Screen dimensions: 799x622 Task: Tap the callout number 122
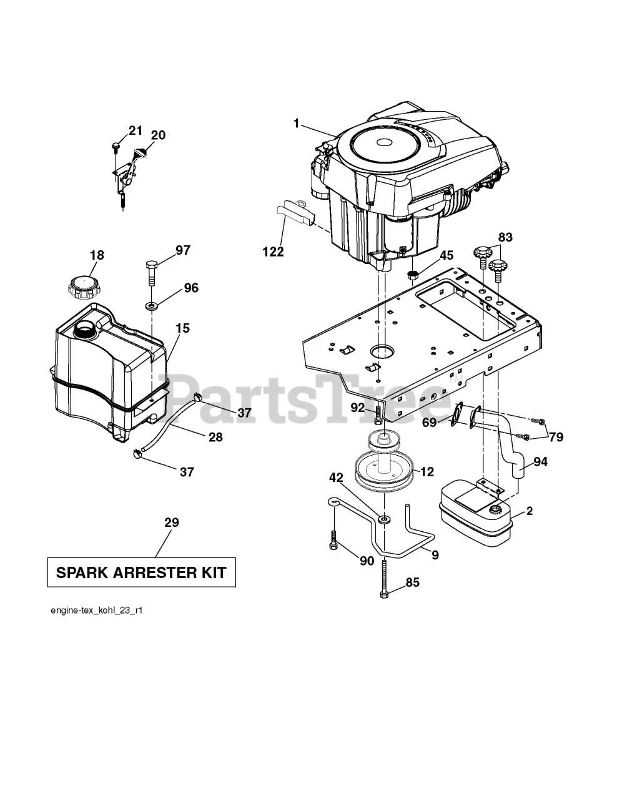point(273,252)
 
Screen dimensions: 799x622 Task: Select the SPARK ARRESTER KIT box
point(142,572)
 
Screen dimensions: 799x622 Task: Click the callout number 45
point(447,255)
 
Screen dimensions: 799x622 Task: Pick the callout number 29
point(172,522)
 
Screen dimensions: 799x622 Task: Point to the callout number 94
point(541,463)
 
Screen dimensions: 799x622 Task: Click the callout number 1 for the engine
point(297,123)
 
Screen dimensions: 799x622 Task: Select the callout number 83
point(505,237)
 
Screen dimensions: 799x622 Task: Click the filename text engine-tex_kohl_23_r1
point(97,611)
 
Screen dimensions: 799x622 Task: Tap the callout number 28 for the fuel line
point(215,437)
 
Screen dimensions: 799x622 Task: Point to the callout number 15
point(182,328)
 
